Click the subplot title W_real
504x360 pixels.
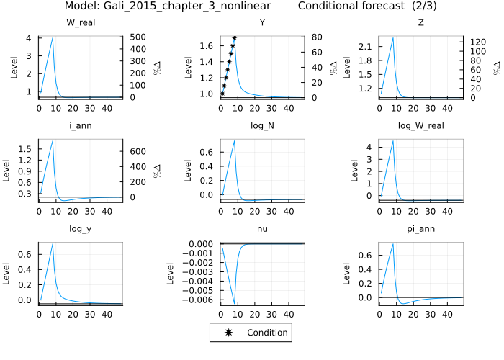click(81, 22)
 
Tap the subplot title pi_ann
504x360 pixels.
click(420, 229)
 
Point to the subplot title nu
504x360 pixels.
click(262, 229)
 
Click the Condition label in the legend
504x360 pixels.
click(267, 333)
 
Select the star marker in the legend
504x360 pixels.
click(229, 333)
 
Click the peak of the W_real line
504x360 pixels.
click(53, 38)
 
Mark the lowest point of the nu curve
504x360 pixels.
click(234, 305)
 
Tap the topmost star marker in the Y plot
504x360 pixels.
click(234, 37)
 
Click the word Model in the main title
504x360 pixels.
click(78, 6)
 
